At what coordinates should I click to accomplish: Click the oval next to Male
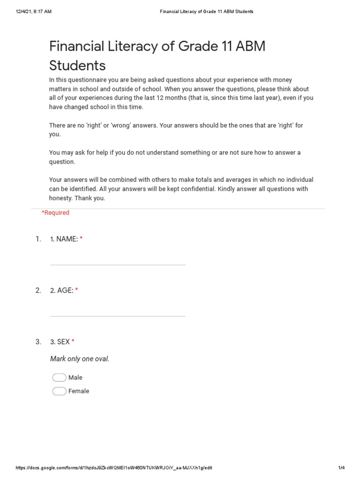(x=59, y=377)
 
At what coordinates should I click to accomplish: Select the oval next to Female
(x=59, y=391)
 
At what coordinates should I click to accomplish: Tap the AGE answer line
(x=118, y=315)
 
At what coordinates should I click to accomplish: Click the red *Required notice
(x=55, y=213)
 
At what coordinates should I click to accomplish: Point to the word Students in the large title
(x=77, y=65)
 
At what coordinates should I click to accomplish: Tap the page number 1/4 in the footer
(x=341, y=468)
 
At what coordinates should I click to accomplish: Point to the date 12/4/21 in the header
(x=22, y=12)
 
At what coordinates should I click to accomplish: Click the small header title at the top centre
(x=206, y=12)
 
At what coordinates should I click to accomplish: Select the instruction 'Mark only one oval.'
(x=80, y=359)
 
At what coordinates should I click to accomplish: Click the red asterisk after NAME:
(x=81, y=239)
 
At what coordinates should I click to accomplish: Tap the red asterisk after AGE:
(x=76, y=291)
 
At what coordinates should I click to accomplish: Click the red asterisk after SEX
(x=73, y=342)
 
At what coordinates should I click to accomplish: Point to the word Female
(x=79, y=391)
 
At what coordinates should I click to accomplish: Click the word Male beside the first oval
(x=75, y=377)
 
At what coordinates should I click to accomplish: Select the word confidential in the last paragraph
(x=195, y=189)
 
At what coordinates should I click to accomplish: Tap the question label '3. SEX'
(x=60, y=342)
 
